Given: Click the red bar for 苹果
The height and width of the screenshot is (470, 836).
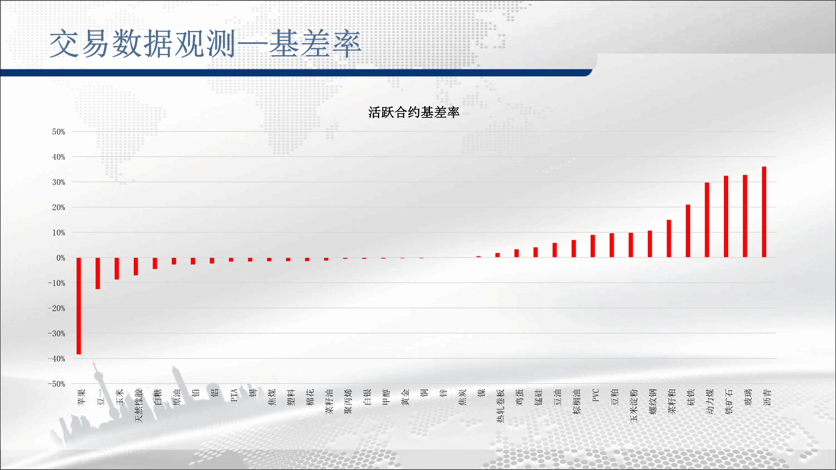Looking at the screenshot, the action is click(x=79, y=306).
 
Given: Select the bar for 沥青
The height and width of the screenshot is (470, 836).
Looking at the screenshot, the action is click(x=764, y=212).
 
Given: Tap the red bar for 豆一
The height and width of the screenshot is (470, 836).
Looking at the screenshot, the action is click(x=98, y=273).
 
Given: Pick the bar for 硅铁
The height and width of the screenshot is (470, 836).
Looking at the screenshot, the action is click(x=688, y=231).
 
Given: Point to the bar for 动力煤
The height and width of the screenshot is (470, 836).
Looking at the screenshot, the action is click(x=707, y=220).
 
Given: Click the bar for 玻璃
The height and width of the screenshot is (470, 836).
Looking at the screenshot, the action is click(x=745, y=216).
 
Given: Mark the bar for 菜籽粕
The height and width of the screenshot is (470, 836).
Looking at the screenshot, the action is click(x=669, y=239).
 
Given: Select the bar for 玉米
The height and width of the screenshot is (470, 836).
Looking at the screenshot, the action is click(x=117, y=269).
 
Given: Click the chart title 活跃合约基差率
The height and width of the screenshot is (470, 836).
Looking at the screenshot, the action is click(x=414, y=112).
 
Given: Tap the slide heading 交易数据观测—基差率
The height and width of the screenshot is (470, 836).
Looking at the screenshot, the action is click(x=205, y=44).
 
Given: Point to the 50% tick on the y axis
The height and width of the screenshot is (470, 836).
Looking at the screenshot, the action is click(x=59, y=132).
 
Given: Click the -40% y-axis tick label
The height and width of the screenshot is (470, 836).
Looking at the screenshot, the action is click(x=56, y=358).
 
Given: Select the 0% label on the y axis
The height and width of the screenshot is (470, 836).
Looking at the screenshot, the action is click(x=61, y=258).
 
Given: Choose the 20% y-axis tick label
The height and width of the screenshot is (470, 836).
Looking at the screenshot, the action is click(x=59, y=207).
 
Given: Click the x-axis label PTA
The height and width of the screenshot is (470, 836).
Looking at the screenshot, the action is click(x=234, y=395).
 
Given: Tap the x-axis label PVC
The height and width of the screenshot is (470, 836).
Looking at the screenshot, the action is click(x=596, y=395).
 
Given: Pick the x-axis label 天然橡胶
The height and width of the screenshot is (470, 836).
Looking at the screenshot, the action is click(x=139, y=406).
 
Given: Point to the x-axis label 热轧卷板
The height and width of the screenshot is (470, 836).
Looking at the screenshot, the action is click(x=501, y=406).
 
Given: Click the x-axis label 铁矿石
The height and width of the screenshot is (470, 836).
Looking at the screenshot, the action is click(x=729, y=401).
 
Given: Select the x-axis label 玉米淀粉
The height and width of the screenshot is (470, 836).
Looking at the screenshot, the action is click(x=634, y=406).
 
